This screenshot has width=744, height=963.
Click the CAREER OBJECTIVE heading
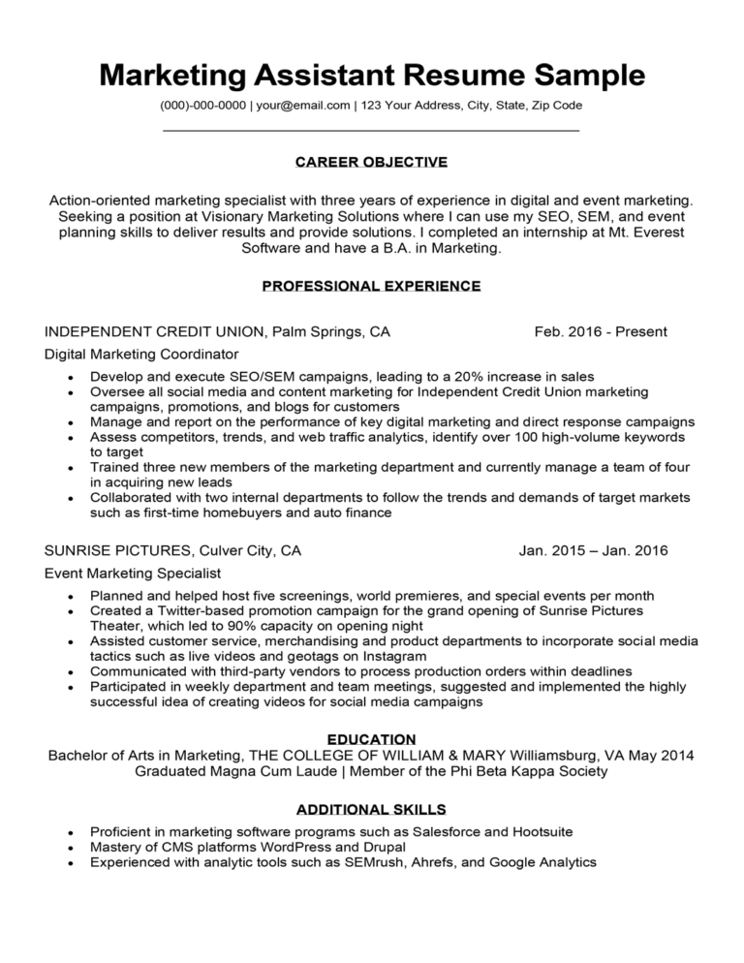(371, 162)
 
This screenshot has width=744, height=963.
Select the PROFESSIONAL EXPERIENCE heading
(371, 286)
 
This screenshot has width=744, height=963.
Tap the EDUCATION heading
(371, 739)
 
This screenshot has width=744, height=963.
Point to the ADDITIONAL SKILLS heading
(371, 809)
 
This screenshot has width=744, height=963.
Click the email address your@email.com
(301, 105)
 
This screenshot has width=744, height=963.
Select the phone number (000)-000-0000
(201, 105)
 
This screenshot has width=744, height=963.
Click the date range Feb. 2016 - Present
(600, 332)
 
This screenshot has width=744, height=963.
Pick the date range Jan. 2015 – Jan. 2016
(593, 551)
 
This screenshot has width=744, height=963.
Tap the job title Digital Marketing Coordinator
(141, 355)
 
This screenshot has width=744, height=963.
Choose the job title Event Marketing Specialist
(133, 574)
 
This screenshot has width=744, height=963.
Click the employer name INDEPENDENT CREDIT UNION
(155, 332)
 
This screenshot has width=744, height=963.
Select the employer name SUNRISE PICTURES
(117, 551)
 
